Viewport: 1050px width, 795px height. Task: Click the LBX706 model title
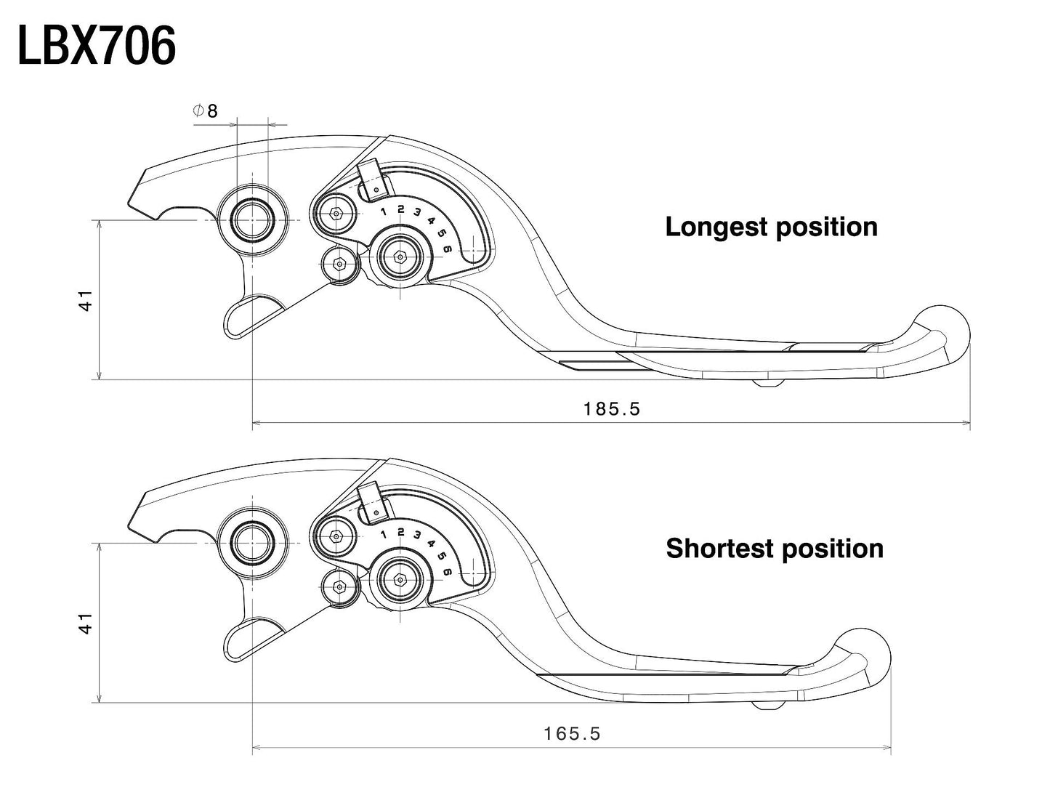(x=97, y=47)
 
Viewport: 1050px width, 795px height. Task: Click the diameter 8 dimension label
(x=205, y=111)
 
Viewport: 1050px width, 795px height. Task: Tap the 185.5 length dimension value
(x=612, y=409)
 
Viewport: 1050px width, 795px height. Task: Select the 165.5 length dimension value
(x=572, y=734)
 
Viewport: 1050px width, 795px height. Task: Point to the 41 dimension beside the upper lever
(x=86, y=300)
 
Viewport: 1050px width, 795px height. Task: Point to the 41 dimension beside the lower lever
(x=86, y=624)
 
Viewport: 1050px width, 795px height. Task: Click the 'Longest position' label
(x=771, y=227)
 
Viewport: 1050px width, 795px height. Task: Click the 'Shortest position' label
(x=774, y=549)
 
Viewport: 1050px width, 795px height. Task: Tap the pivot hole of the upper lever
(x=251, y=219)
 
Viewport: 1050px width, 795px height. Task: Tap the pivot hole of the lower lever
(x=251, y=543)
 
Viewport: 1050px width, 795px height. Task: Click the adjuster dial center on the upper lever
(x=400, y=257)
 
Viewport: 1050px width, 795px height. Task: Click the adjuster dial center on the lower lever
(x=400, y=580)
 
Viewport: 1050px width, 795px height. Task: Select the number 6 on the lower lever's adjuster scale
(x=448, y=573)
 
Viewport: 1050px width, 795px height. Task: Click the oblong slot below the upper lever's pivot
(x=251, y=317)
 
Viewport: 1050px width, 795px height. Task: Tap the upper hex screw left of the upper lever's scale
(x=335, y=214)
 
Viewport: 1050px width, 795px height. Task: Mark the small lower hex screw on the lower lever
(x=338, y=586)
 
